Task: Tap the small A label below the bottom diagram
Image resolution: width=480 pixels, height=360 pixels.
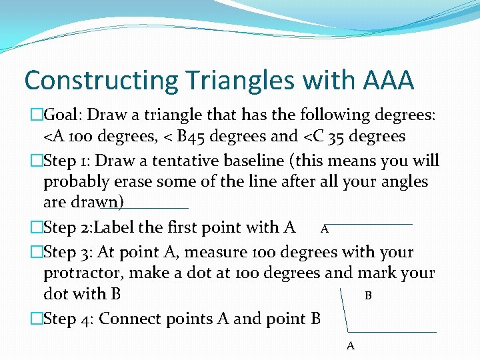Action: tap(351, 345)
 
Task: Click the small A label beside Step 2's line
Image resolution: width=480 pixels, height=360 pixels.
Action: tap(324, 229)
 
